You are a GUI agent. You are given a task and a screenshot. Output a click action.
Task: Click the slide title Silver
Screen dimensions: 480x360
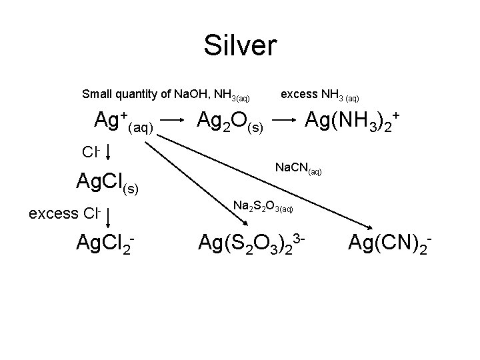tap(240, 45)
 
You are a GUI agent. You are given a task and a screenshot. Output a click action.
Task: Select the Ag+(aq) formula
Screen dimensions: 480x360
tap(125, 121)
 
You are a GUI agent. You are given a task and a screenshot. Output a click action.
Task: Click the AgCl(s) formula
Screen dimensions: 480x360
tap(107, 181)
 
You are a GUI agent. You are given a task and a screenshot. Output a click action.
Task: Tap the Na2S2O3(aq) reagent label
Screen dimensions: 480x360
tap(263, 207)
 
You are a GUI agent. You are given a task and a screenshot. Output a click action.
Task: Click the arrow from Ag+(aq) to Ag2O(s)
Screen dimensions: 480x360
tap(173, 121)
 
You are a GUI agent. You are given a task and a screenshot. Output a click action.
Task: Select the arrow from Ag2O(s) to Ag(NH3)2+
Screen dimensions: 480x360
tap(285, 121)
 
